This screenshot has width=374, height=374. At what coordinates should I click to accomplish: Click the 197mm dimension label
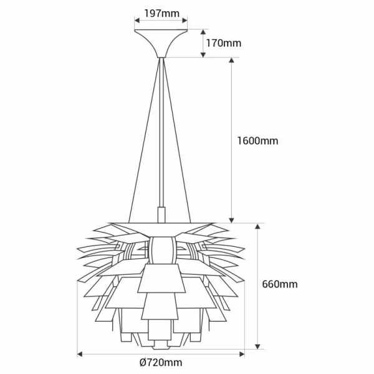(x=161, y=12)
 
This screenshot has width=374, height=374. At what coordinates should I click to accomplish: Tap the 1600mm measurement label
(x=257, y=140)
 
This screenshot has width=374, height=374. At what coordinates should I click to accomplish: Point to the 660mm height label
(x=280, y=284)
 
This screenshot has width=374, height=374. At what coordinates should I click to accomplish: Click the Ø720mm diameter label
(x=161, y=363)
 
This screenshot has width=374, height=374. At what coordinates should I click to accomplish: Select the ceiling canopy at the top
(x=161, y=41)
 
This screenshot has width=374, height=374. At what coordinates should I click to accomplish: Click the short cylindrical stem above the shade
(x=161, y=214)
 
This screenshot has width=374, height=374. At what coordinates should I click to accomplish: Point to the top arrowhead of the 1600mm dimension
(x=232, y=61)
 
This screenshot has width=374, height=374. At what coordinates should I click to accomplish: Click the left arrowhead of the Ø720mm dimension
(x=80, y=354)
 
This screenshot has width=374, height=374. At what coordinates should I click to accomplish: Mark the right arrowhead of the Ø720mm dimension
(x=242, y=354)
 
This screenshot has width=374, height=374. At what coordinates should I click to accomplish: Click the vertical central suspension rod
(x=161, y=137)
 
